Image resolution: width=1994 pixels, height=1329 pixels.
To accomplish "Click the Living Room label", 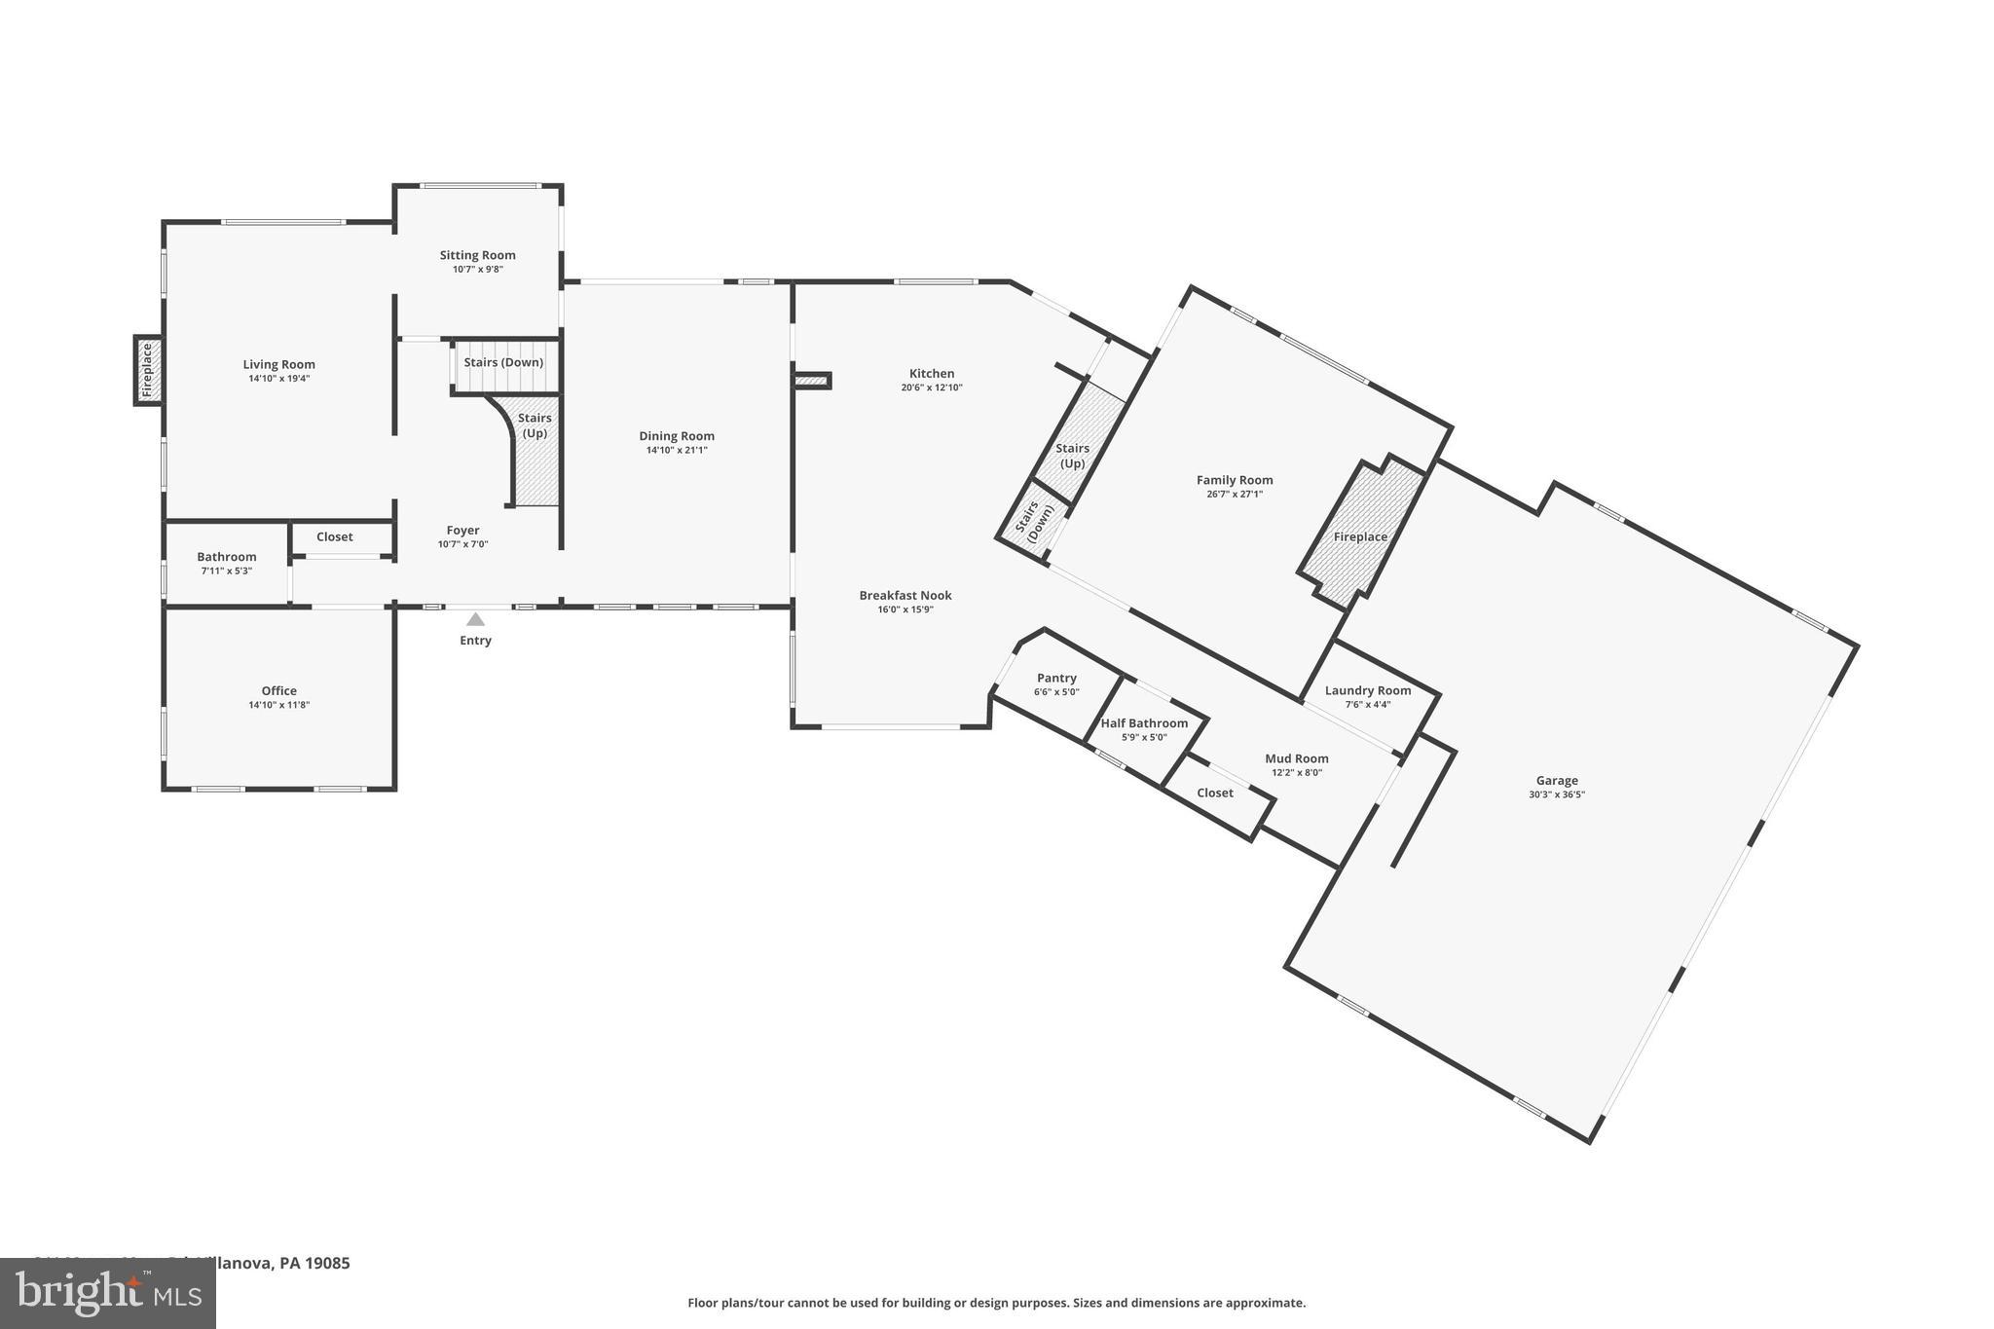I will [278, 365].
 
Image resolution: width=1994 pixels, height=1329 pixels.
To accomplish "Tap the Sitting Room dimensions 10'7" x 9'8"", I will [477, 270].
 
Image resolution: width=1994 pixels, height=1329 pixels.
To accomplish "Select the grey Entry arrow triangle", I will [475, 619].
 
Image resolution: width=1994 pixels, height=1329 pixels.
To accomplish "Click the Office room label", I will [278, 691].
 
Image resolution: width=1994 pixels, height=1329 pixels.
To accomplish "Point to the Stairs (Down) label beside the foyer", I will [503, 362].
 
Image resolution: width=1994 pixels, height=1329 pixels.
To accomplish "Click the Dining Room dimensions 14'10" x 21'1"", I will [677, 451].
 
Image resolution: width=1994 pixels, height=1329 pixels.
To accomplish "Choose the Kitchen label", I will [932, 374].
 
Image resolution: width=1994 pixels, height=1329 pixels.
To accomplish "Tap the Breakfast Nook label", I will [905, 596].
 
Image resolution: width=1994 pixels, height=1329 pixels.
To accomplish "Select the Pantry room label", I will [1056, 679].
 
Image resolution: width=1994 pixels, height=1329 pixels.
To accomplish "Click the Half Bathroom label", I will [1144, 723].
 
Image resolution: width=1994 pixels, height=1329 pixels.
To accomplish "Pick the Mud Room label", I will [1297, 758].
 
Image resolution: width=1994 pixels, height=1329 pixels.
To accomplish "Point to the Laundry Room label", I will [1368, 691].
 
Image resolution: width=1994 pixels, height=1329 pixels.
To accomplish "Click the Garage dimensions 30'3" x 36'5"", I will [1557, 794].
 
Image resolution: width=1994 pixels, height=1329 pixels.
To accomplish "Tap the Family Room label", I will [1235, 480].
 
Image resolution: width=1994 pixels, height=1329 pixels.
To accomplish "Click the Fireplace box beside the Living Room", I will [148, 370].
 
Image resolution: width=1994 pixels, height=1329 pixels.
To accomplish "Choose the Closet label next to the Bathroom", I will [334, 537].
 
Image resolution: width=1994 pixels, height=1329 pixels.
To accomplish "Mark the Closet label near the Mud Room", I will [1215, 794].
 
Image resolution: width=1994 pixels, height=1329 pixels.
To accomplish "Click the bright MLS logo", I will [107, 1293].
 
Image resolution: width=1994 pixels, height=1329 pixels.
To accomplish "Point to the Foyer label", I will [462, 531].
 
